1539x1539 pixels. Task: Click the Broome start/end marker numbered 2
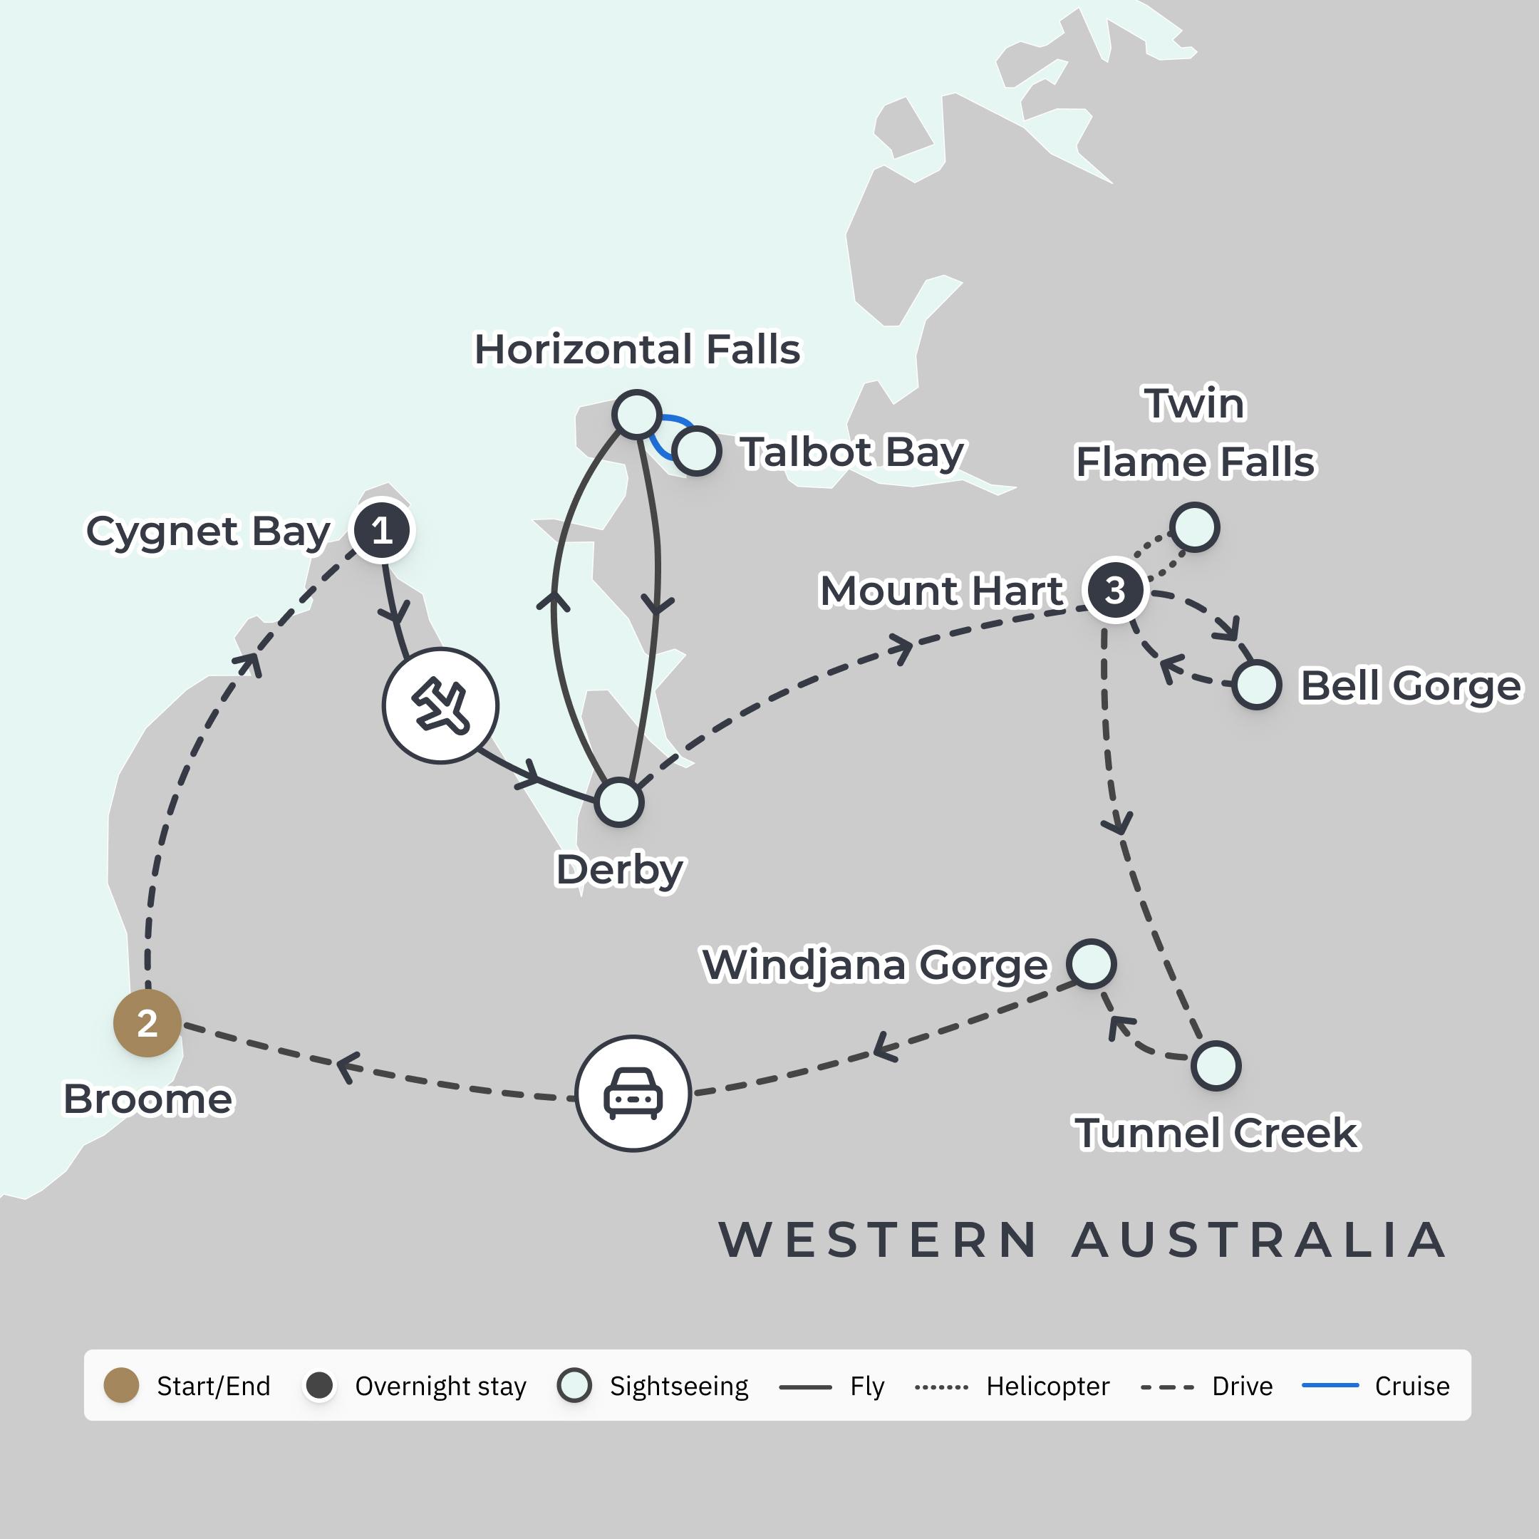147,1023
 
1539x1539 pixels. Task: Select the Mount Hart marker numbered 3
1114,590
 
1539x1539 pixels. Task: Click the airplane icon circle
440,706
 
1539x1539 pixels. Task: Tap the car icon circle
633,1093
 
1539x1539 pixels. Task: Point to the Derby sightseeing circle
619,802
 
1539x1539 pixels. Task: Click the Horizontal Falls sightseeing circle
636,413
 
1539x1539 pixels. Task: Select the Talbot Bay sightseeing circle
697,451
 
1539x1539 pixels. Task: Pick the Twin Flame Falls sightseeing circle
1194,527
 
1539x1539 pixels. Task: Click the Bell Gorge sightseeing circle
1257,684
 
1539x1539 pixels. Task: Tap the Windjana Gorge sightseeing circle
1092,963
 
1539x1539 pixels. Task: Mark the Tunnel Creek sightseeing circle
1216,1065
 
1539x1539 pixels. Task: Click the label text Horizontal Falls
636,349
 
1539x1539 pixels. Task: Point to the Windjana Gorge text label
875,965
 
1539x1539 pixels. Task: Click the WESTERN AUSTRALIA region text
1083,1240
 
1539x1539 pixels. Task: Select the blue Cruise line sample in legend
1330,1385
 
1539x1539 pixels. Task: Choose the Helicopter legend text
1047,1386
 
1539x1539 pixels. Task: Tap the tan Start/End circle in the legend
122,1385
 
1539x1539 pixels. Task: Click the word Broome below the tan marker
148,1099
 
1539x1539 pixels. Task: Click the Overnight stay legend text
440,1386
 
